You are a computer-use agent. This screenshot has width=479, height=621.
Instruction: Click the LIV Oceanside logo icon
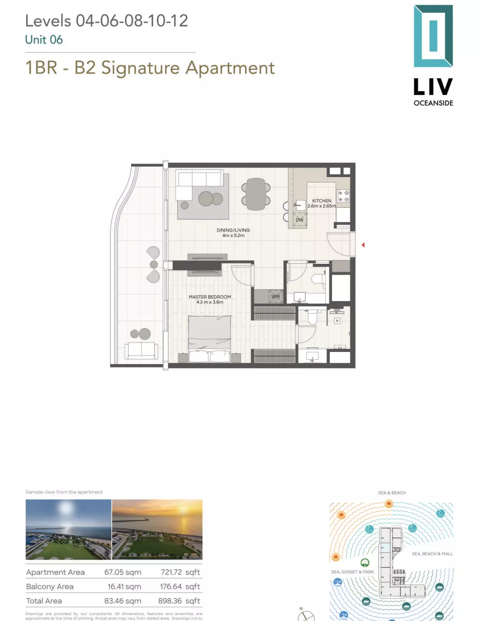pos(433,36)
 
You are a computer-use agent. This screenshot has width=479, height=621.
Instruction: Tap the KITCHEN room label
pos(321,201)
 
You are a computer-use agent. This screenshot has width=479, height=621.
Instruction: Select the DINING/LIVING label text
pos(233,230)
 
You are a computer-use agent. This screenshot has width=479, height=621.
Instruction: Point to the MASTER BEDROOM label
pos(210,297)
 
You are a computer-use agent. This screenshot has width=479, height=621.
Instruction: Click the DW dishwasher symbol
pos(299,220)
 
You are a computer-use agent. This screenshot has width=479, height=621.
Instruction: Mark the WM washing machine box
pos(275,297)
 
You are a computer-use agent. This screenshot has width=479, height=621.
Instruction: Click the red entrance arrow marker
pos(363,245)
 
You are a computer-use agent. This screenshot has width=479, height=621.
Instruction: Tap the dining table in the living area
pos(256,194)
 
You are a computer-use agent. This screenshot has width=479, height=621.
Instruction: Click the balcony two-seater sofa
pos(141,350)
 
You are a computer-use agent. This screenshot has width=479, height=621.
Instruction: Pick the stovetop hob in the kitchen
pos(343,196)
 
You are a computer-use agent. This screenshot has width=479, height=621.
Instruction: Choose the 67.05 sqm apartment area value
pos(123,572)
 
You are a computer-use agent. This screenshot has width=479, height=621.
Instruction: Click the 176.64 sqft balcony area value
pos(180,586)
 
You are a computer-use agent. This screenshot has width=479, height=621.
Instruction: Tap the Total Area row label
pos(44,601)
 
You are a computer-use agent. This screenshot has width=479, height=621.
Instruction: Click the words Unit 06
pos(44,40)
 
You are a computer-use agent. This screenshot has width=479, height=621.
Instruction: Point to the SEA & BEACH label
pos(392,493)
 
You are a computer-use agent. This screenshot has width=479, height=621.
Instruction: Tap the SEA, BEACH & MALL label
pos(432,554)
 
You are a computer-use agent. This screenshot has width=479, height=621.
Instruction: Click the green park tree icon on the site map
pos(365,562)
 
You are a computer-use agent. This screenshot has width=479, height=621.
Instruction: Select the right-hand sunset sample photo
pos(157,529)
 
